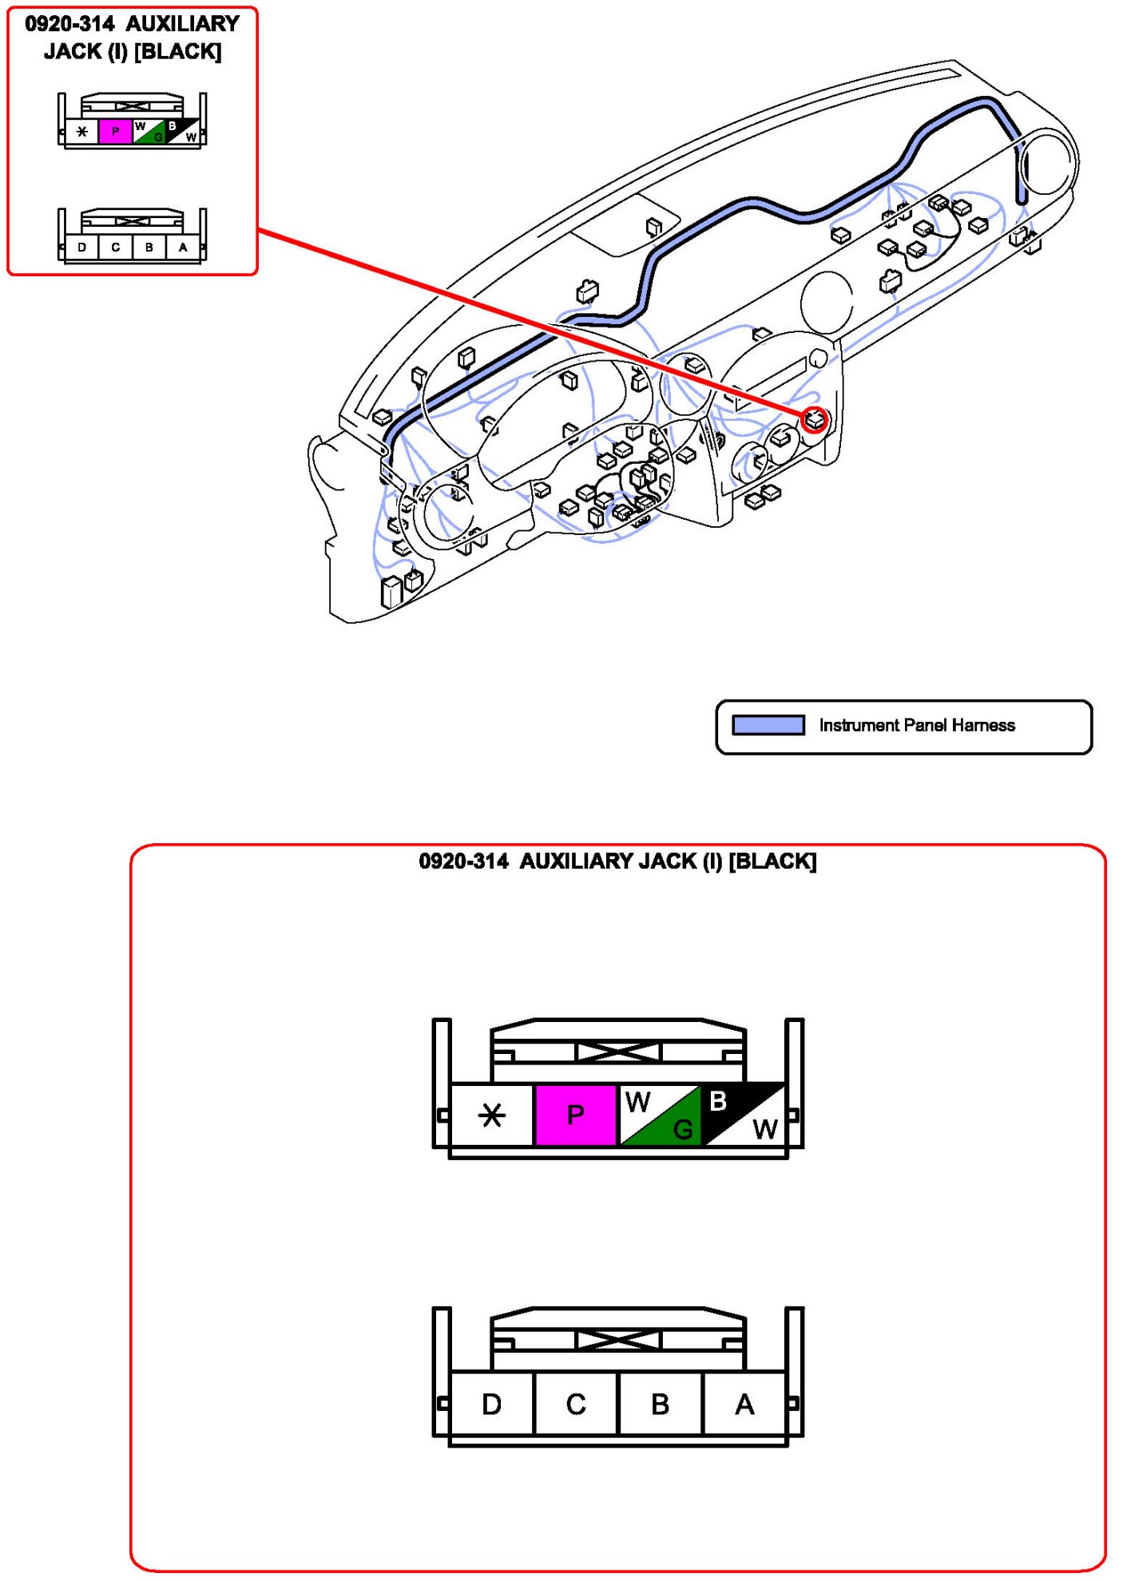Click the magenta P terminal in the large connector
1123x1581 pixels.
point(575,1115)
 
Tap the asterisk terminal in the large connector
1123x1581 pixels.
point(492,1115)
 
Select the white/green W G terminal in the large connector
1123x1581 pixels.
point(660,1115)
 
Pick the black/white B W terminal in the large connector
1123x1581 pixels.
point(743,1115)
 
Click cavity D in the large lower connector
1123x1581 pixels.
point(492,1404)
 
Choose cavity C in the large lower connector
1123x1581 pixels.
point(576,1404)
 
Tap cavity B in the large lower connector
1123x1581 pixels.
point(660,1404)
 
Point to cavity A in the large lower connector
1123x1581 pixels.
point(744,1404)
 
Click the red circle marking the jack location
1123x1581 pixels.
point(815,419)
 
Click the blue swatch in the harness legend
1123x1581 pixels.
point(768,725)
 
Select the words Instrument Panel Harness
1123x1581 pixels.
point(916,725)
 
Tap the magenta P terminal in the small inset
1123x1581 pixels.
point(115,132)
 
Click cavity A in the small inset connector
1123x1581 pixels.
point(183,248)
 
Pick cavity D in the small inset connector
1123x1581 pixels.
point(81,248)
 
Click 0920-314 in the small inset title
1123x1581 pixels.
point(69,24)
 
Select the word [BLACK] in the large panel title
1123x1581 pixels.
point(772,862)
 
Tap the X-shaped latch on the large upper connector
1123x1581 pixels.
point(617,1052)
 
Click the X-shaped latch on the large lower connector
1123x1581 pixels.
point(617,1340)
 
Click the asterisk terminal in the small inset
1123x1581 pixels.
point(81,132)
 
